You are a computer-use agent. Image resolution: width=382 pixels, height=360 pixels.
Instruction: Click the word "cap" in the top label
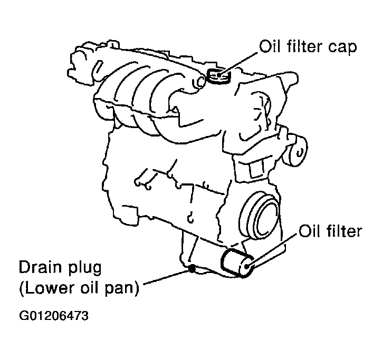[342, 47]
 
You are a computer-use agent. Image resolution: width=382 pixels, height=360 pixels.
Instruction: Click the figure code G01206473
[54, 316]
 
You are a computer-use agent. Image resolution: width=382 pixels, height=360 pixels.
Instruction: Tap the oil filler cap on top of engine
[218, 75]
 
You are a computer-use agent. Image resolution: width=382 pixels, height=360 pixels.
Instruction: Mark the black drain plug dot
[192, 269]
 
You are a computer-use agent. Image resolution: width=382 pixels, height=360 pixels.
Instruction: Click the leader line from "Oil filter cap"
[238, 63]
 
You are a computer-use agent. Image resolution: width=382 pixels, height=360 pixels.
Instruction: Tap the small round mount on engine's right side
[297, 151]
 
